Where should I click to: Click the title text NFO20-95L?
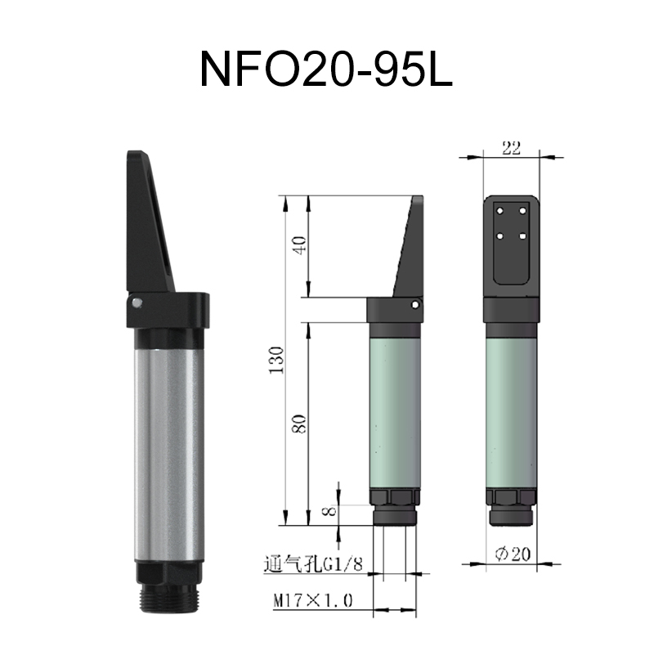[x=326, y=71]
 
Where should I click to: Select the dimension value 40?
[x=300, y=245]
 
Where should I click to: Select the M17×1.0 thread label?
[x=312, y=602]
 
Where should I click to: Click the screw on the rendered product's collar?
[x=136, y=303]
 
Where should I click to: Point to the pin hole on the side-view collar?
[x=417, y=304]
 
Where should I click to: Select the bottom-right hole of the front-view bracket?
[x=522, y=236]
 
